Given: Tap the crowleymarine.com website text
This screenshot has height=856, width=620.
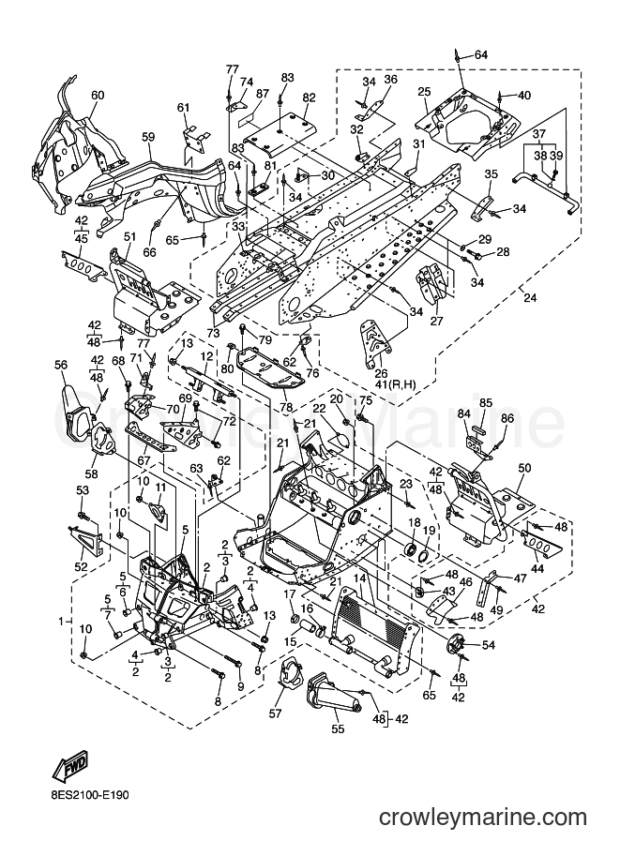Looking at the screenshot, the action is [482, 818].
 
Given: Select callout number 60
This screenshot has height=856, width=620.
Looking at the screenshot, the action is [98, 96].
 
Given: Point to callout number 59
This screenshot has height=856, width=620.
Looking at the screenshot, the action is [148, 138].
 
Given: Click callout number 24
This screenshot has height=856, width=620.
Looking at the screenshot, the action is [529, 298].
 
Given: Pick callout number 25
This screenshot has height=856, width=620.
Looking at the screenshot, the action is [425, 91].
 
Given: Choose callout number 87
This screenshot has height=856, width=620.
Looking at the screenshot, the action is [263, 94].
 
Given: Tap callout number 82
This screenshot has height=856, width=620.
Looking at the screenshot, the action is [309, 98].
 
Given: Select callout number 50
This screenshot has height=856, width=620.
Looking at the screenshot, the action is [524, 468].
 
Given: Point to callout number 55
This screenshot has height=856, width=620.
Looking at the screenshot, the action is [338, 728].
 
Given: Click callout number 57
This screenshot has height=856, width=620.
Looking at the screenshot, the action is [276, 713].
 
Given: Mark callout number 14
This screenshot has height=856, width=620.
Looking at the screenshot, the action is [359, 578].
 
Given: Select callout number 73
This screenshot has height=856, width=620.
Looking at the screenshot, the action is [213, 334].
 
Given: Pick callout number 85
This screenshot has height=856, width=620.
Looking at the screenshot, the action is [486, 403].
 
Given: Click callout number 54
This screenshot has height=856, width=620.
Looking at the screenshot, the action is [488, 645].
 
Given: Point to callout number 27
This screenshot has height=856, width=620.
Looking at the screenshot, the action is [436, 321].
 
